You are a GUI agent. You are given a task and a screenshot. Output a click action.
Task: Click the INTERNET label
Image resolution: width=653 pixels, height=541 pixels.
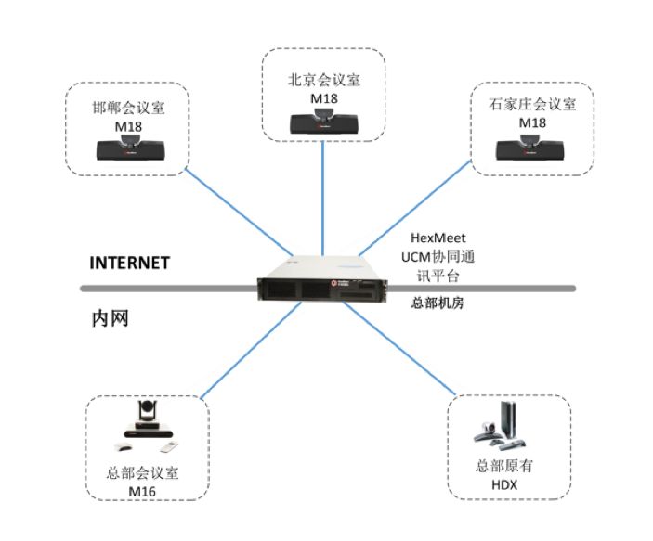click(129, 263)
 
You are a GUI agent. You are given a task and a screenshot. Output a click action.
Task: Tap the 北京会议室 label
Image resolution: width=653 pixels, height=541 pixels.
click(322, 79)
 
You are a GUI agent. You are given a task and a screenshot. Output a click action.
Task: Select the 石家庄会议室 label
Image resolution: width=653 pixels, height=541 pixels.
click(531, 104)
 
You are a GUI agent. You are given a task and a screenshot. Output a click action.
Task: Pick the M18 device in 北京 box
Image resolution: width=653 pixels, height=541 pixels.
click(323, 121)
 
